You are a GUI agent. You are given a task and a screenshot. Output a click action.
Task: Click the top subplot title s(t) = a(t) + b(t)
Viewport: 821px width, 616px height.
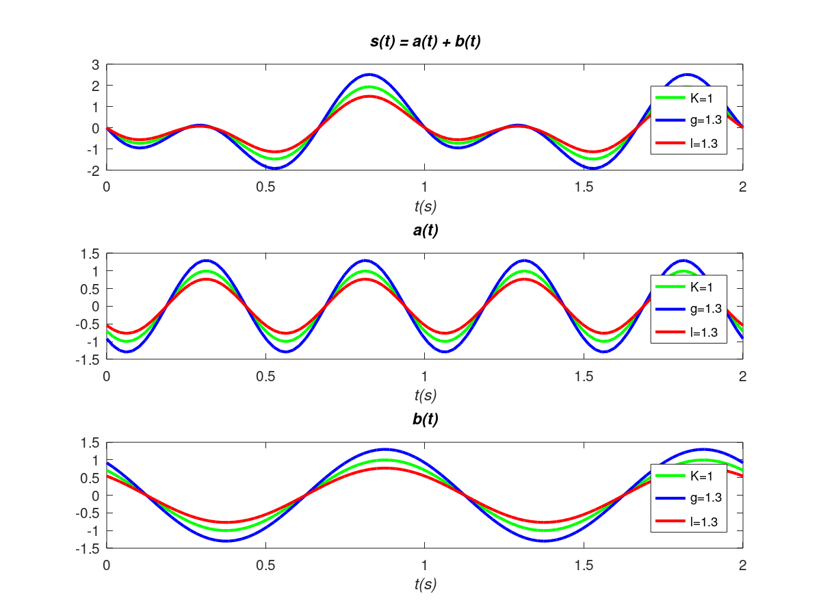(424, 42)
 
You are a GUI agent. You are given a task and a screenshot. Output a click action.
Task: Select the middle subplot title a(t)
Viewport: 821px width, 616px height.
(424, 231)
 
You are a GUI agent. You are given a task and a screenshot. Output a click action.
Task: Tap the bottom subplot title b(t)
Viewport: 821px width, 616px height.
(424, 420)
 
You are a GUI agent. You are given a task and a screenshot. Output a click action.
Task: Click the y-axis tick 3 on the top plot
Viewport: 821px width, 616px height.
(96, 64)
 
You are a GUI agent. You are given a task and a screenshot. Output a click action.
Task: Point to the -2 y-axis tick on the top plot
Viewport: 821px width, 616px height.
(94, 170)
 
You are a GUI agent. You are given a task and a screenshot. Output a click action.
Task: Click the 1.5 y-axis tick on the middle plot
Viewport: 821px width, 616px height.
(91, 254)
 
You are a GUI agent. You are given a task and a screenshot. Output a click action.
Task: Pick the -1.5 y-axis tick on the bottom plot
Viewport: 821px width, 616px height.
(89, 548)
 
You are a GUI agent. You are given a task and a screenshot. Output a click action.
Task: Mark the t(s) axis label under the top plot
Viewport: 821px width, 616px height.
(424, 205)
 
